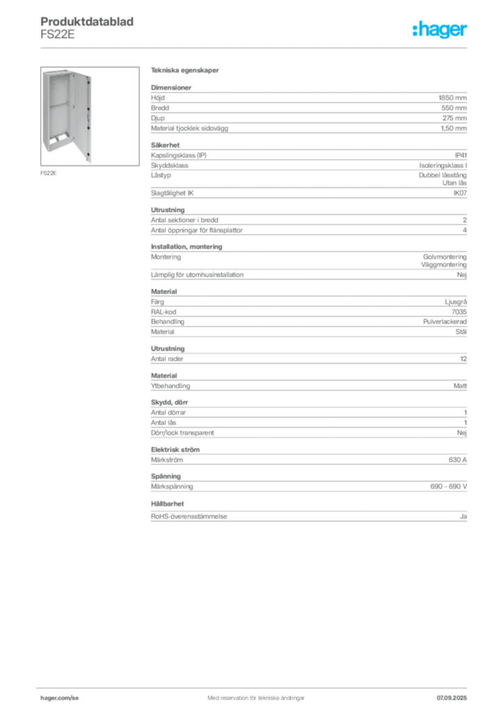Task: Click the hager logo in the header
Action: (440, 30)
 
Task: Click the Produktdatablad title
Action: (87, 22)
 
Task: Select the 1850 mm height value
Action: (452, 97)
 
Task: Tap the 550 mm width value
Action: (454, 108)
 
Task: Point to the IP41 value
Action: (461, 155)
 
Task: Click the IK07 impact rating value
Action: (460, 193)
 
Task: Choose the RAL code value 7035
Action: (459, 312)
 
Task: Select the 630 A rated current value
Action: (458, 460)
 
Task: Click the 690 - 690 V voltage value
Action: (449, 486)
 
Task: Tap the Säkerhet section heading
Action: (165, 145)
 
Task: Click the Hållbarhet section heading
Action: (167, 503)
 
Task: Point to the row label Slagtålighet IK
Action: (172, 193)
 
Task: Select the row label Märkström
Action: (167, 460)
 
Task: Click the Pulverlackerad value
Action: (445, 321)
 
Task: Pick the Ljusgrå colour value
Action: (456, 302)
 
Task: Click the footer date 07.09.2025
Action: (452, 698)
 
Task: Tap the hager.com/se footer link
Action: (60, 698)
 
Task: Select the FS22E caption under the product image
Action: (49, 173)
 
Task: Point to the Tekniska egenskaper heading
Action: (185, 70)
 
